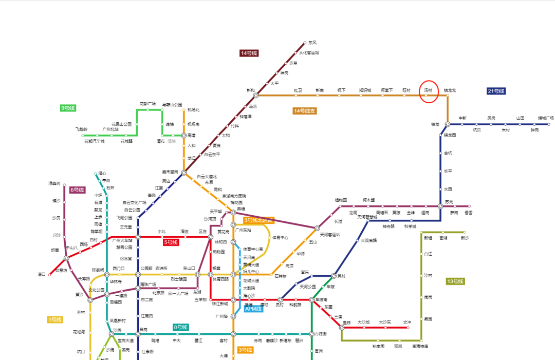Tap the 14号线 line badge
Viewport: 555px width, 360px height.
point(249,53)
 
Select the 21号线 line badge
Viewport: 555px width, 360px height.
point(496,91)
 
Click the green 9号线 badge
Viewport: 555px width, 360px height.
point(68,108)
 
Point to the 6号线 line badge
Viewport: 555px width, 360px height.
point(77,190)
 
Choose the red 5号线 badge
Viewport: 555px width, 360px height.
point(171,242)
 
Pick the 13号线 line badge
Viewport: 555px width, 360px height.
point(455,281)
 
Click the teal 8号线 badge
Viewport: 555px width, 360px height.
point(180,327)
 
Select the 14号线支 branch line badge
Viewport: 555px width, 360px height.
point(305,111)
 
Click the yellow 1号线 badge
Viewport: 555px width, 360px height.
point(55,320)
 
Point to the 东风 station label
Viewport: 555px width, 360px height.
point(312,43)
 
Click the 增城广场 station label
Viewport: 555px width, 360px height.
point(546,118)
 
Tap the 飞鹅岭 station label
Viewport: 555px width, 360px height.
point(81,129)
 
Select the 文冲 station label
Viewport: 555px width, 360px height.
point(407,322)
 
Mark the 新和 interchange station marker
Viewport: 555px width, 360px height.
point(255,96)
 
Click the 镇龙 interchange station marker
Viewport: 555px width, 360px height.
point(448,124)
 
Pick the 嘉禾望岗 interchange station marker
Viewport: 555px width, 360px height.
point(184,173)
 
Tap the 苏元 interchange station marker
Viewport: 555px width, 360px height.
point(440,206)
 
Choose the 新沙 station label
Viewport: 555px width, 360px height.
point(465,238)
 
